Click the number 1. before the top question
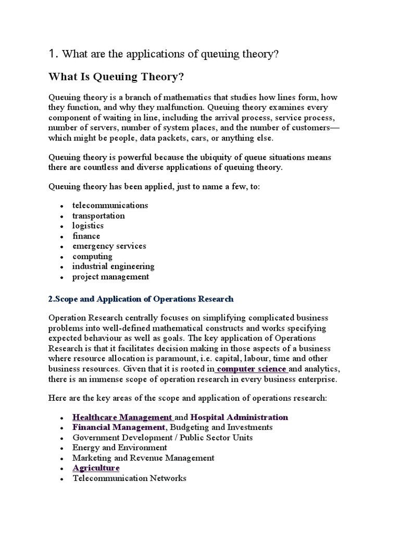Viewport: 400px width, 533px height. click(52, 54)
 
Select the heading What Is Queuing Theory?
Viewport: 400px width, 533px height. click(116, 77)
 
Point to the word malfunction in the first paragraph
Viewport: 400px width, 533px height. click(182, 107)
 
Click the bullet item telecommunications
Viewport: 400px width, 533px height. click(110, 205)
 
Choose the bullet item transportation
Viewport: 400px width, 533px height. click(98, 215)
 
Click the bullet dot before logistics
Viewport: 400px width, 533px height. click(61, 226)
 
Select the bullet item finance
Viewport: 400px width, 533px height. click(86, 236)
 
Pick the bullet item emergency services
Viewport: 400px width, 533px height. click(109, 246)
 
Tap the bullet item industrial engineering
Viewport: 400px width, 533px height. click(113, 266)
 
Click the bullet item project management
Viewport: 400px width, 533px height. click(110, 277)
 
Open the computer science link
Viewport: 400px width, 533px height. click(252, 369)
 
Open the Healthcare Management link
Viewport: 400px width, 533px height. click(122, 417)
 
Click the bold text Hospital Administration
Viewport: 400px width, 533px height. click(239, 417)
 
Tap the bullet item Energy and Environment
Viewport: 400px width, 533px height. click(120, 448)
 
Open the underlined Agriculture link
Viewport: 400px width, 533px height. click(96, 468)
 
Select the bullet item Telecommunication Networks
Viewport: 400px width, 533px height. click(129, 478)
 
